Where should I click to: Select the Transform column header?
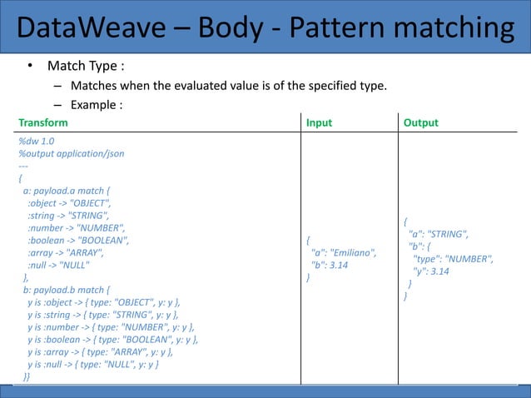(43, 122)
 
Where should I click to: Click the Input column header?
(319, 122)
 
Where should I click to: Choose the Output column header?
(420, 122)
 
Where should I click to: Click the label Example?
(97, 105)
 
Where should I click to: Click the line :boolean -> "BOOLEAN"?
(78, 240)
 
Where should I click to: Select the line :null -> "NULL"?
(57, 265)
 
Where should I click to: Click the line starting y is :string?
(102, 315)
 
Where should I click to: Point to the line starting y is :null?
(92, 365)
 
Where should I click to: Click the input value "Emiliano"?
(355, 252)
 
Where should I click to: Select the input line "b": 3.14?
(329, 265)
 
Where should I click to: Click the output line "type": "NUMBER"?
(453, 259)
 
